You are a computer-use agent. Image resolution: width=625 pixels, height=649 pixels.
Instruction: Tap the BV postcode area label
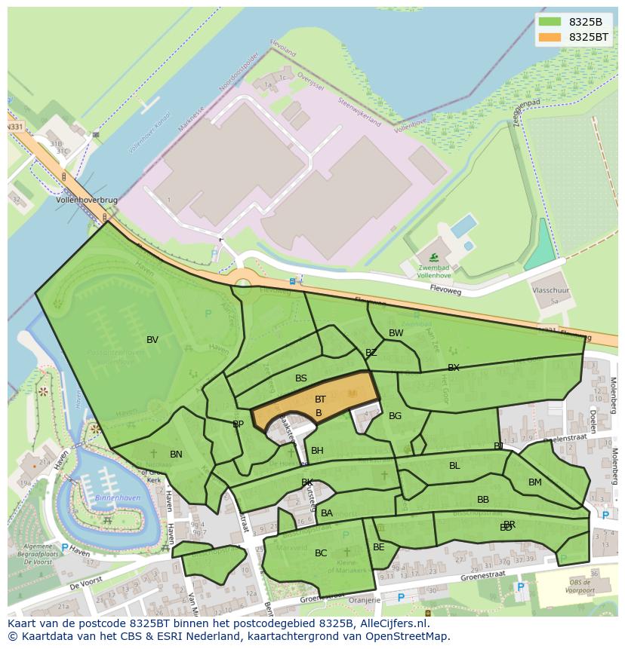tap(152, 340)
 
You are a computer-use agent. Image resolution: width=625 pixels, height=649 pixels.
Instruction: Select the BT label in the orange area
tap(320, 400)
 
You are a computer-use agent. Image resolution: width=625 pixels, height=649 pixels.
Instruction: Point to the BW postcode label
tap(396, 333)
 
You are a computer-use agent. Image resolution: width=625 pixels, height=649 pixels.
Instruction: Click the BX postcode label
tap(453, 368)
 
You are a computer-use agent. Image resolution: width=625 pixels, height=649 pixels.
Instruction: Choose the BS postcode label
tap(301, 378)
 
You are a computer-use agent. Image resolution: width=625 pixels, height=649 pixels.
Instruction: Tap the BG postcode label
tap(395, 416)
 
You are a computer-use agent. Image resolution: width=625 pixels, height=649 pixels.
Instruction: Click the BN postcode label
tap(176, 455)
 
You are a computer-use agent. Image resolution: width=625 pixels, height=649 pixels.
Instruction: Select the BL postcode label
tap(454, 466)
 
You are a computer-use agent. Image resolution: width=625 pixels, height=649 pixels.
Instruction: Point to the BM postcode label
tap(534, 482)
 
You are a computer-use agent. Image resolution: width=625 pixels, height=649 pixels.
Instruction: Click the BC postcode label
tap(321, 553)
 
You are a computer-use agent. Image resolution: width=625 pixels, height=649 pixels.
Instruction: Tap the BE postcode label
tap(379, 547)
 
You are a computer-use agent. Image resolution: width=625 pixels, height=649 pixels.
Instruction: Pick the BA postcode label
tap(327, 513)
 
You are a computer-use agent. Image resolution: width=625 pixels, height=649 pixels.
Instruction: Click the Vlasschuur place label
tap(551, 289)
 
